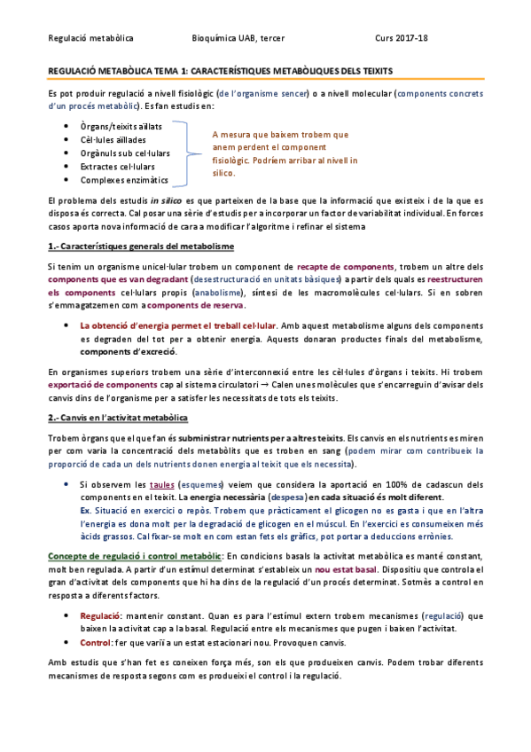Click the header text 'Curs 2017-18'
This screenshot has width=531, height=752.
pos(402,38)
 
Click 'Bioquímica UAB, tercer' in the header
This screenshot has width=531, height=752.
pos(238,38)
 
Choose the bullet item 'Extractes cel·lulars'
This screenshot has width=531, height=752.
pos(117,166)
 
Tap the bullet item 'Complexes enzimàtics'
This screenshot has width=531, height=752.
pos(119,179)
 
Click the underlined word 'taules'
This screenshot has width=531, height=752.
pos(161,485)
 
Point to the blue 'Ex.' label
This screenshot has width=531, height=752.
pos(85,512)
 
